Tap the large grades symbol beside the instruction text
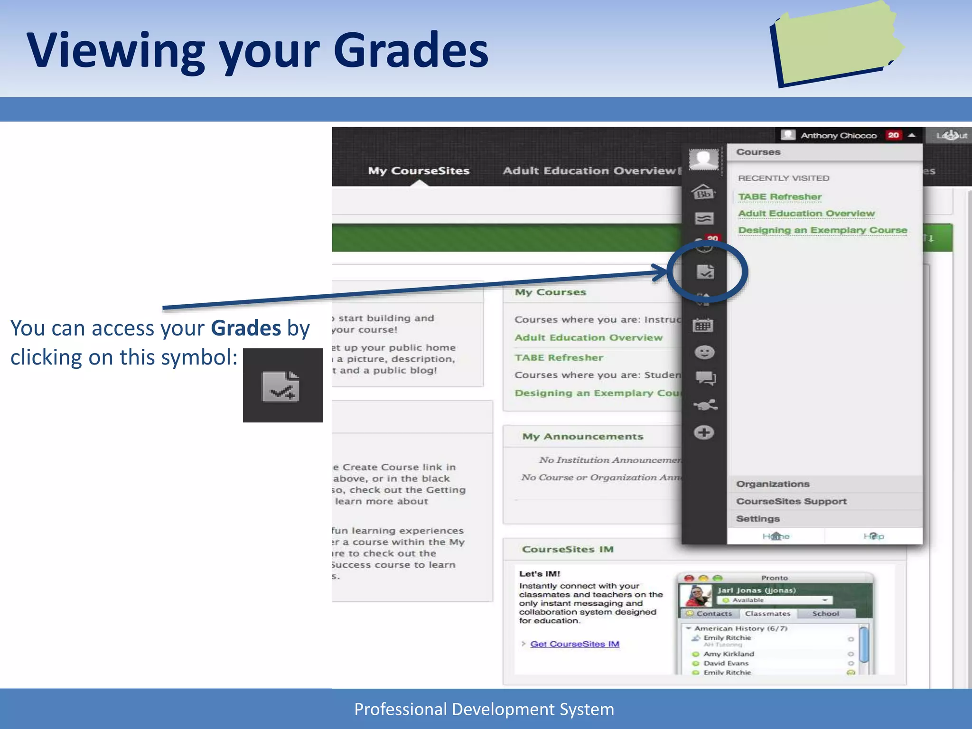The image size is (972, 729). (282, 385)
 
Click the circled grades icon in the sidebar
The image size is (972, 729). (705, 272)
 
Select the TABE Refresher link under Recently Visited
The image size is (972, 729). (779, 196)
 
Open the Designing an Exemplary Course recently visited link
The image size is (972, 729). (822, 230)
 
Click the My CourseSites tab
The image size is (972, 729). (419, 171)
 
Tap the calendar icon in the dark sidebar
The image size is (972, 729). (703, 326)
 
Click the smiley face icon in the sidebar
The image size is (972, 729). (704, 352)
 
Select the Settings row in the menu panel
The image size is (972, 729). (758, 519)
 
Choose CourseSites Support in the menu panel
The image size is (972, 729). (791, 501)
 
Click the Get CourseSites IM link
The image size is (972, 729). (574, 644)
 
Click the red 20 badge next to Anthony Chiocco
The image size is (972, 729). (893, 135)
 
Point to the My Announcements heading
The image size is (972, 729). (582, 437)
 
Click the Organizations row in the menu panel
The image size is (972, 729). (773, 484)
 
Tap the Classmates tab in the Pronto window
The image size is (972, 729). (767, 614)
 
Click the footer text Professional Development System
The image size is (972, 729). (484, 709)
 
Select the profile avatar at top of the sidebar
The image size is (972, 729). (703, 159)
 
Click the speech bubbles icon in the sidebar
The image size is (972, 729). (705, 378)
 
